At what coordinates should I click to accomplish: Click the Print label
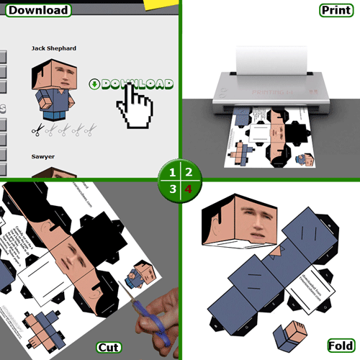[336, 10]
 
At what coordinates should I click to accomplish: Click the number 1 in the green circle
[171, 173]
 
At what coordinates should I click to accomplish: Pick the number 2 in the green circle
[189, 173]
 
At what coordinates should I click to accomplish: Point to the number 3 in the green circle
[171, 189]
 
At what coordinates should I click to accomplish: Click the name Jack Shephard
[54, 48]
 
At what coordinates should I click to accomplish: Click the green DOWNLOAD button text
[136, 84]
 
